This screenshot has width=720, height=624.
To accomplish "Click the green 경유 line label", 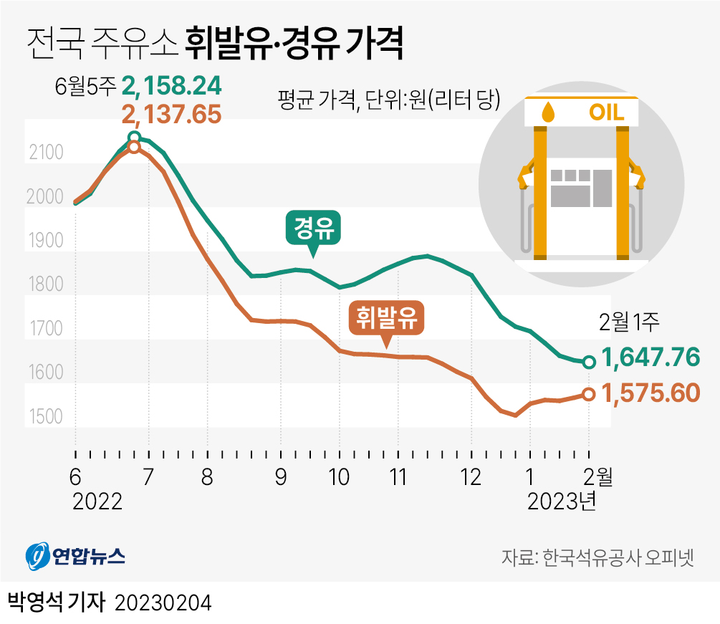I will tap(313, 230).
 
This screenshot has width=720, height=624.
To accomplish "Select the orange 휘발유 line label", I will tap(386, 318).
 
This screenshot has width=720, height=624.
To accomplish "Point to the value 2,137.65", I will tap(171, 114).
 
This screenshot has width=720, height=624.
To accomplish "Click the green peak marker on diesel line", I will tap(134, 138).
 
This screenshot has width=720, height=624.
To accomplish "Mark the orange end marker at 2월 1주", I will tap(588, 394).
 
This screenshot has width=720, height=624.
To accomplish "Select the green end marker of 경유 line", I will tap(588, 363).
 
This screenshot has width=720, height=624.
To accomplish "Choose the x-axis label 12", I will tap(471, 476).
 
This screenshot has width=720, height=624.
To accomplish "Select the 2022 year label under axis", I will tap(97, 501).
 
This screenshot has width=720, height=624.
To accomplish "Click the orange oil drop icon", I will tap(548, 112).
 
